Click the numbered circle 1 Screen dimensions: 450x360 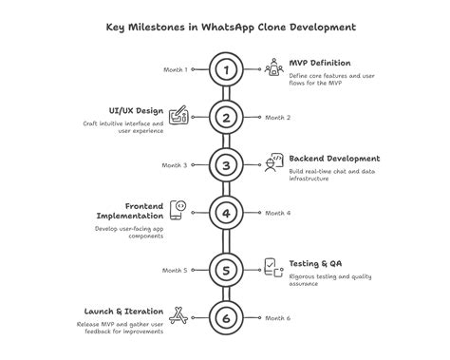pyautogui.click(x=225, y=69)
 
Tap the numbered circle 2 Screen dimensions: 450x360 pyautogui.click(x=225, y=117)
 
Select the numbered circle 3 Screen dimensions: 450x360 pyautogui.click(x=225, y=165)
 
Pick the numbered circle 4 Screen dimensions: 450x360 pyautogui.click(x=225, y=213)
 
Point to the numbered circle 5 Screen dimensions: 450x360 pyautogui.click(x=225, y=271)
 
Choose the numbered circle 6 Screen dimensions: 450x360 pyautogui.click(x=225, y=318)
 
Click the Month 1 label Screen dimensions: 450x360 pyautogui.click(x=176, y=69)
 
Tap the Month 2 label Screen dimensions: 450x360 pyautogui.click(x=277, y=117)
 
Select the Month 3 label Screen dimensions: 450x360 pyautogui.click(x=176, y=165)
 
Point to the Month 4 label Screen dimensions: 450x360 pyautogui.click(x=277, y=213)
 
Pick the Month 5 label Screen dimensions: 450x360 pyautogui.click(x=176, y=271)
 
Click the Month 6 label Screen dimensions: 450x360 pyautogui.click(x=277, y=318)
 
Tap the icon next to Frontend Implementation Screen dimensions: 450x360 pyautogui.click(x=179, y=209)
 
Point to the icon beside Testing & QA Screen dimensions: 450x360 pyautogui.click(x=272, y=267)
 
